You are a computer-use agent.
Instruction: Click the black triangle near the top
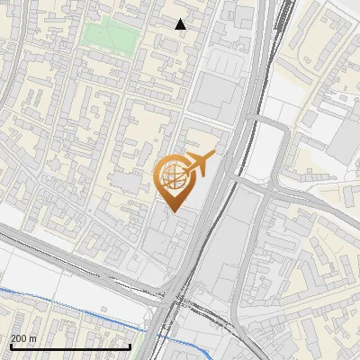180,24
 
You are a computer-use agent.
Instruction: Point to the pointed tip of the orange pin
173,211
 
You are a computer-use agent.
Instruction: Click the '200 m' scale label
24,337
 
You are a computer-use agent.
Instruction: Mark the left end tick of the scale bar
11,345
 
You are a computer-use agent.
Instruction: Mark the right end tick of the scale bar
130,345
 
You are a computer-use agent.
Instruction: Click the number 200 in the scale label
20,337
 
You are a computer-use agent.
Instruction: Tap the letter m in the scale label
33,337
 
